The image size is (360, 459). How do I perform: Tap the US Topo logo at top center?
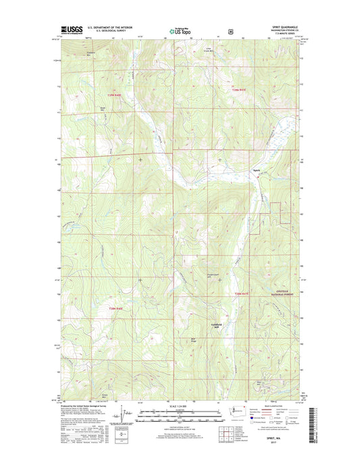click(178, 30)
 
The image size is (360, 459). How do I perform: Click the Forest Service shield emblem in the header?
click(232, 30)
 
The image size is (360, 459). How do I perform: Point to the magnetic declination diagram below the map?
click(124, 413)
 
